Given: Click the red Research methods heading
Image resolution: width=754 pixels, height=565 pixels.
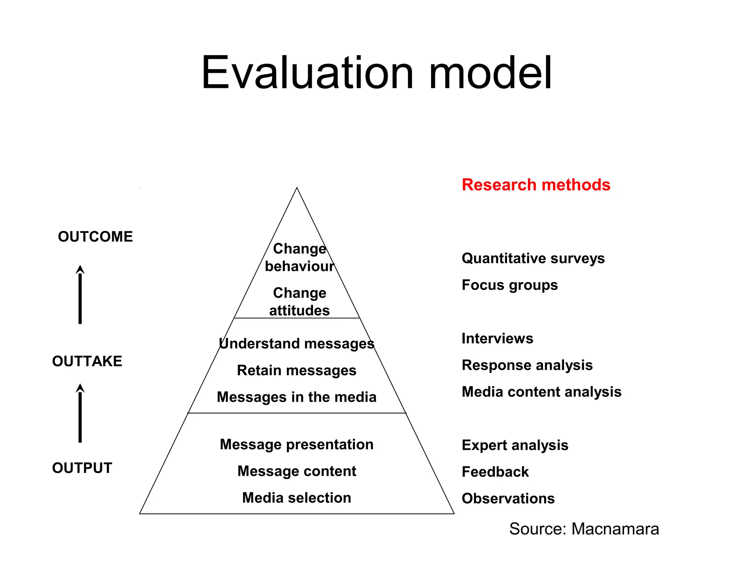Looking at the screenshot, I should point(536,185).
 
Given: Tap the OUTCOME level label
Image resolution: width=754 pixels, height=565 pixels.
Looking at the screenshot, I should point(95,237).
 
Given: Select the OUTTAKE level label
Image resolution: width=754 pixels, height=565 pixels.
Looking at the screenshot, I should point(87,361).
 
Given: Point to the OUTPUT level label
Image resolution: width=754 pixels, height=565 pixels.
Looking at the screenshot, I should point(82,468).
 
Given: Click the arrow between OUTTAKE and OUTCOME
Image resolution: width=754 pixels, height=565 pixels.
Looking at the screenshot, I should point(80,295).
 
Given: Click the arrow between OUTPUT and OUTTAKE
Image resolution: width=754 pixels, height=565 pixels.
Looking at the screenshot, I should point(80,413).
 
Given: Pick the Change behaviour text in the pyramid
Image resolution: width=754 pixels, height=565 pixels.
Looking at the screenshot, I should point(299,257).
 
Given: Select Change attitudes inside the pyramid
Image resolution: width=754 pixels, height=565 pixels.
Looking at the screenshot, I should point(299,302).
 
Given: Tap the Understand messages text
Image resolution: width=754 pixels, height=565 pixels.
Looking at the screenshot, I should point(296,344).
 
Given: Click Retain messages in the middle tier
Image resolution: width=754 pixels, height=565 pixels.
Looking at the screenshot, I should point(296,370).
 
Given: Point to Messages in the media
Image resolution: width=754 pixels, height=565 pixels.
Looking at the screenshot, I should point(296,397).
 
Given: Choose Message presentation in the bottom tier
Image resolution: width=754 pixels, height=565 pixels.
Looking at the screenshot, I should point(296,444).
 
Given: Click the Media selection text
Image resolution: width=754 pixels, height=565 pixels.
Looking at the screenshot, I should point(296,498).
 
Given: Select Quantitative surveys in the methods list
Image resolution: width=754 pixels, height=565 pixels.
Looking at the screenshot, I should point(533,259).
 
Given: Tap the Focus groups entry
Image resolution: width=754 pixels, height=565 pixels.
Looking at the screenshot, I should point(510,285).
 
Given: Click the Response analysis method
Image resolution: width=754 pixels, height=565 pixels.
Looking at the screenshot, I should point(527,365).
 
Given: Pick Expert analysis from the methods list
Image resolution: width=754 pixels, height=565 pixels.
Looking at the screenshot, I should point(515,445).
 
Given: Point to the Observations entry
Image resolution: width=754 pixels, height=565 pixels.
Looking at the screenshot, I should point(508,499).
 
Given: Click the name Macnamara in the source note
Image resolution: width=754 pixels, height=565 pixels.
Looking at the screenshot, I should point(615,529).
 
